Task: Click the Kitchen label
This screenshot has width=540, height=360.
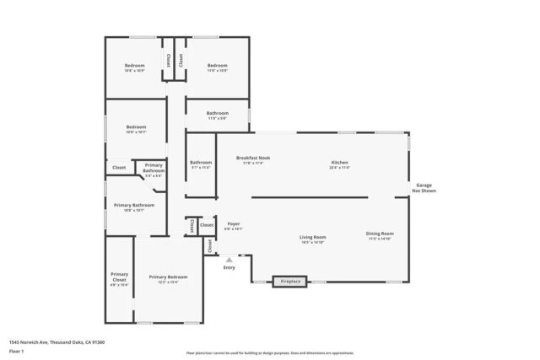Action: click(340, 163)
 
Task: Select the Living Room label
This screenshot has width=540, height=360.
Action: click(312, 239)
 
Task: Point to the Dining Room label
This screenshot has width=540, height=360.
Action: click(380, 235)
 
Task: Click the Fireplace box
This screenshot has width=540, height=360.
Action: click(290, 281)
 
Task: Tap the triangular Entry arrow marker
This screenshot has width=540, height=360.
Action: click(229, 260)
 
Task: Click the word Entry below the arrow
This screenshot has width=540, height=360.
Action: click(229, 268)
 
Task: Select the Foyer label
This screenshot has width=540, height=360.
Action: click(234, 225)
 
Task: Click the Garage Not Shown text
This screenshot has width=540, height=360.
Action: click(424, 188)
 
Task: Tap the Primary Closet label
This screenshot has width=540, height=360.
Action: click(119, 278)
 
